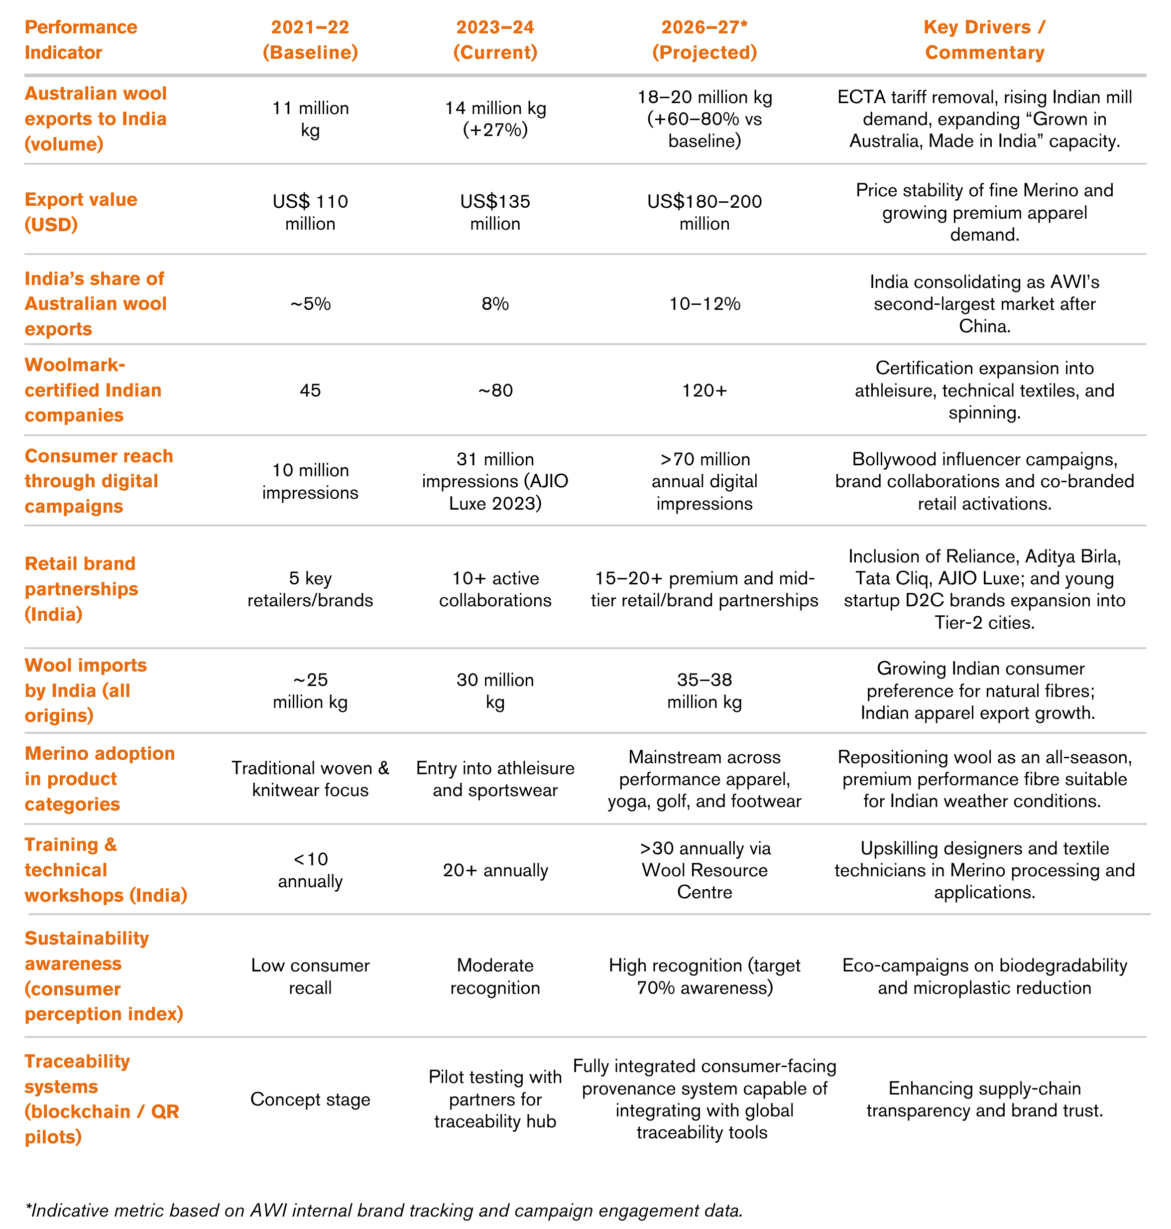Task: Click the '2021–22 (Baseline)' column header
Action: pyautogui.click(x=310, y=40)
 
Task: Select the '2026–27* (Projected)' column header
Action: pyautogui.click(x=704, y=40)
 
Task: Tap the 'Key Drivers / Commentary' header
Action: pyautogui.click(x=984, y=40)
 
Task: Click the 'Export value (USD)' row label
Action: pyautogui.click(x=81, y=212)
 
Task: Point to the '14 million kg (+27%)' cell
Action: pyautogui.click(x=495, y=119)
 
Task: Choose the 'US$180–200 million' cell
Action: pyautogui.click(x=704, y=212)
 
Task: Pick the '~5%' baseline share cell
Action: pyautogui.click(x=310, y=304)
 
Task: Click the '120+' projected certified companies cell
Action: pyautogui.click(x=704, y=390)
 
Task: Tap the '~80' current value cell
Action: pyautogui.click(x=495, y=390)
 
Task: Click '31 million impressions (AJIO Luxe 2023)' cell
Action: pyautogui.click(x=495, y=481)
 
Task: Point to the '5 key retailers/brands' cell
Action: pyautogui.click(x=310, y=589)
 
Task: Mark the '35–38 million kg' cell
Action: pyautogui.click(x=704, y=690)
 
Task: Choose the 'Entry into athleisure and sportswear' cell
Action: pyautogui.click(x=495, y=779)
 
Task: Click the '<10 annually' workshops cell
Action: pyautogui.click(x=310, y=870)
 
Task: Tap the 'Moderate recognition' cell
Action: pyautogui.click(x=495, y=976)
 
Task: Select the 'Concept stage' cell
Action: pyautogui.click(x=310, y=1099)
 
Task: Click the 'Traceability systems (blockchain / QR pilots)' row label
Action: pyautogui.click(x=101, y=1099)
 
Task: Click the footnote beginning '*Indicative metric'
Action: pyautogui.click(x=384, y=1210)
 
